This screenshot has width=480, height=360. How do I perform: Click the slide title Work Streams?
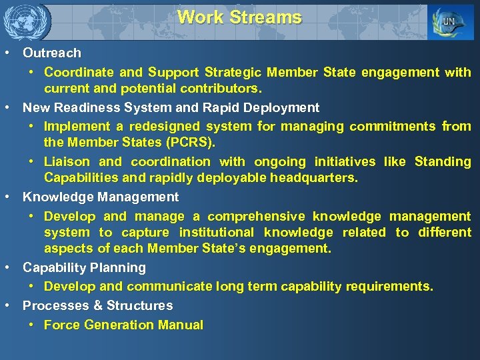tap(239, 17)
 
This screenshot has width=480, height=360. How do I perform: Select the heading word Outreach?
tap(52, 53)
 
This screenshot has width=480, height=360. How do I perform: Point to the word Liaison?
tap(67, 161)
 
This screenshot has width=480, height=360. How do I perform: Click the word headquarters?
tap(316, 178)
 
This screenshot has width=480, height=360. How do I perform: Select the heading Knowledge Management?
tap(101, 197)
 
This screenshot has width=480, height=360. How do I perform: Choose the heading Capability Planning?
tap(84, 267)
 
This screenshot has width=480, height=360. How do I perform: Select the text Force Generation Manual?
tap(123, 325)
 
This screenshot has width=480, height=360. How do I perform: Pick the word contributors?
tap(223, 88)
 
